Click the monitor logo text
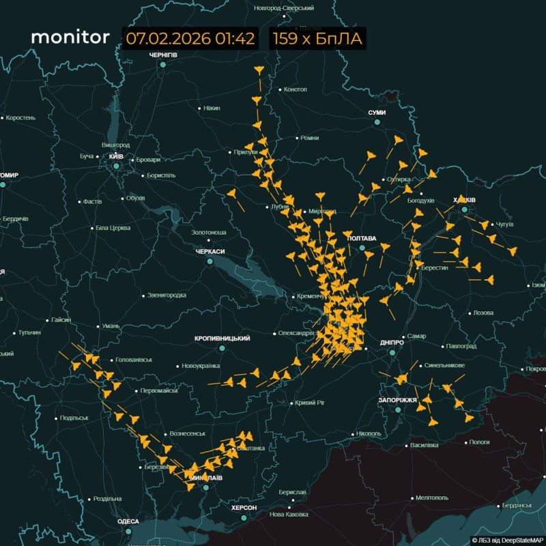(70, 37)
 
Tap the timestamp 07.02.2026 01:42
(190, 38)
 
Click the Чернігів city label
(163, 55)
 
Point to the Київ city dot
(116, 166)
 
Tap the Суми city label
(377, 113)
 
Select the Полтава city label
(362, 238)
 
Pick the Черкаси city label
(210, 252)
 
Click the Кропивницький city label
(222, 339)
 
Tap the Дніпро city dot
(392, 353)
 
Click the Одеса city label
(128, 521)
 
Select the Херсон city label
(244, 508)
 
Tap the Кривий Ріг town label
(311, 403)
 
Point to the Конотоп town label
(295, 89)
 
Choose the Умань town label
(111, 326)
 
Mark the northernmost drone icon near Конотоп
(258, 70)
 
